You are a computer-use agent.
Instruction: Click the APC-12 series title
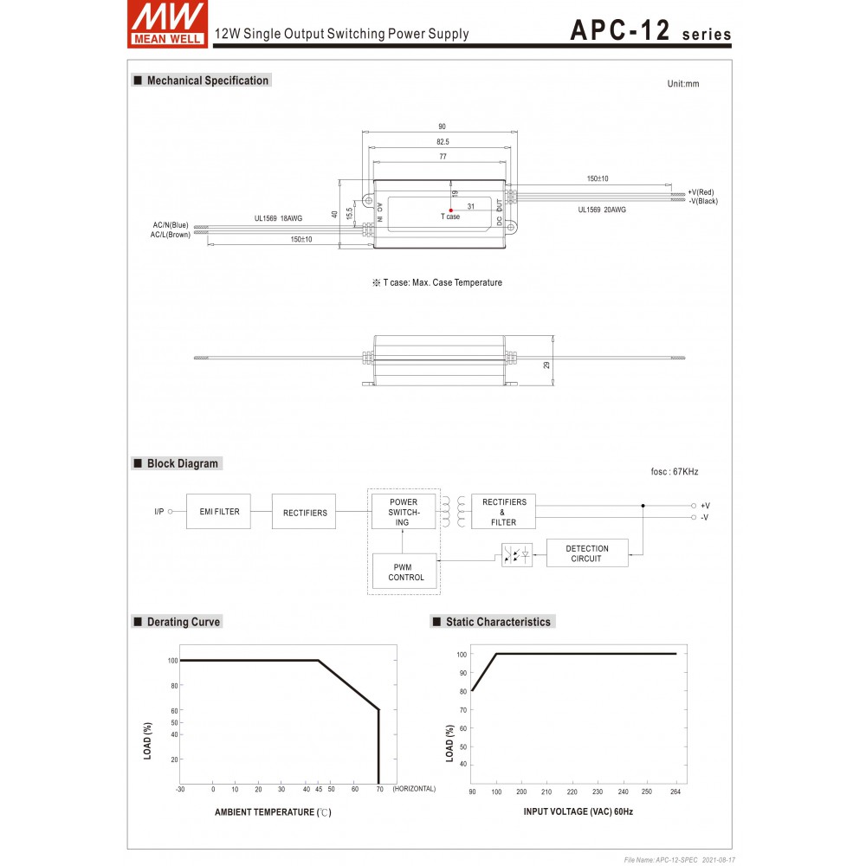tap(649, 30)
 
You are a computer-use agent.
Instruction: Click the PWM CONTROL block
tap(406, 572)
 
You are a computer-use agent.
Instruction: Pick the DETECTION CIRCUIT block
tap(587, 553)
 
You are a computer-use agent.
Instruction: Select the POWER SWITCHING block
tap(404, 512)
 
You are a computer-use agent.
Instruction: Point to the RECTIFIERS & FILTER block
tap(503, 512)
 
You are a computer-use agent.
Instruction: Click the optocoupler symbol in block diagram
tap(517, 555)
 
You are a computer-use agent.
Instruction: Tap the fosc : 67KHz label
tap(674, 472)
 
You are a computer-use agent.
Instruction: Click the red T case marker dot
tap(451, 210)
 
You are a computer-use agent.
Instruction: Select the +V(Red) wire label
tap(701, 192)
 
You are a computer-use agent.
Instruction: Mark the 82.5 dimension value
tap(442, 141)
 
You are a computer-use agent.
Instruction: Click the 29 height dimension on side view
tap(546, 365)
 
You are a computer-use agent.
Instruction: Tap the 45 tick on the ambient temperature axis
tap(318, 789)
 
